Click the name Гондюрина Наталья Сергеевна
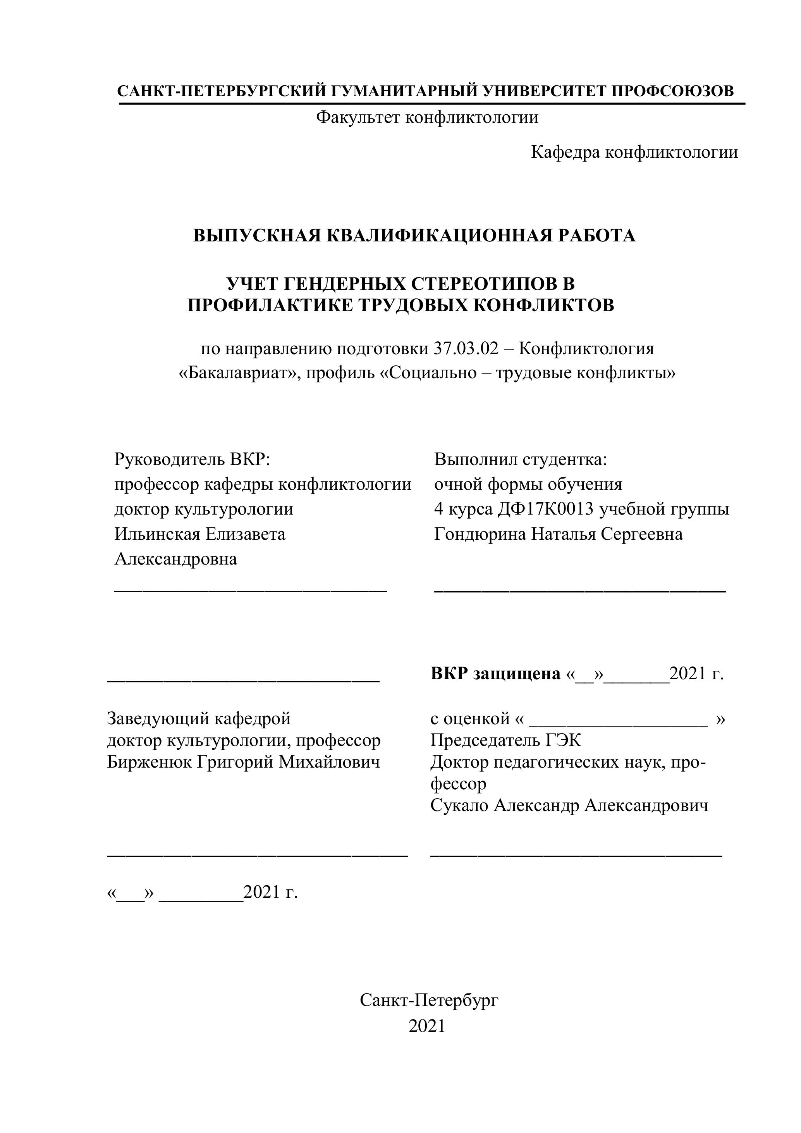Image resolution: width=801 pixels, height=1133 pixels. pos(558,534)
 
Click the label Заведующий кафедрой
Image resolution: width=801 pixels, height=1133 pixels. pos(199,718)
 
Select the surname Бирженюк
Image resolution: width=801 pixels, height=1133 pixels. pos(150,762)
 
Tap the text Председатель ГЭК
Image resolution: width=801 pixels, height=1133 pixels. pos(505,740)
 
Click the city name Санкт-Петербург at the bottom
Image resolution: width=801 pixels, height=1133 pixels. pos(429,1000)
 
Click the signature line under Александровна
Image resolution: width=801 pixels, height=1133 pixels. pos(250,589)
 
